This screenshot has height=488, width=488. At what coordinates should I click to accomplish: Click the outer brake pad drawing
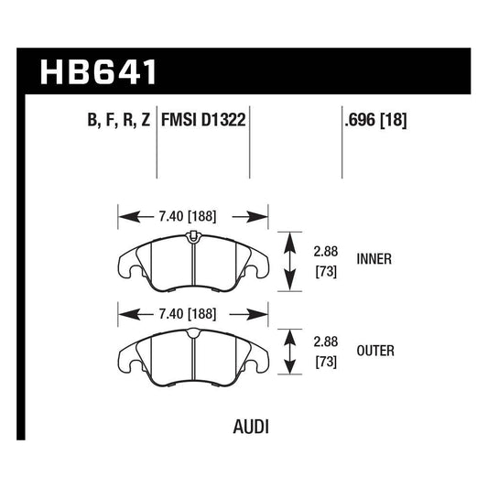(x=193, y=353)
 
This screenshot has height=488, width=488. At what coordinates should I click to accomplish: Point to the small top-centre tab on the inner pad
(x=193, y=238)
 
